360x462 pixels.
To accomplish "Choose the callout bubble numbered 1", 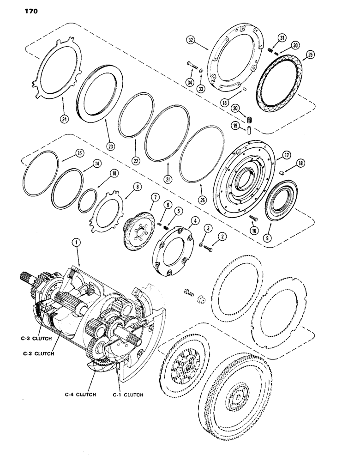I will (x=75, y=242).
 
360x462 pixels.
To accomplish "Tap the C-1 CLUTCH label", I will (x=128, y=395).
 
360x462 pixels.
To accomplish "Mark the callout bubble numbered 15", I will (x=79, y=151).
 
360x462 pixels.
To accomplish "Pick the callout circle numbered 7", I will (x=154, y=197).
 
